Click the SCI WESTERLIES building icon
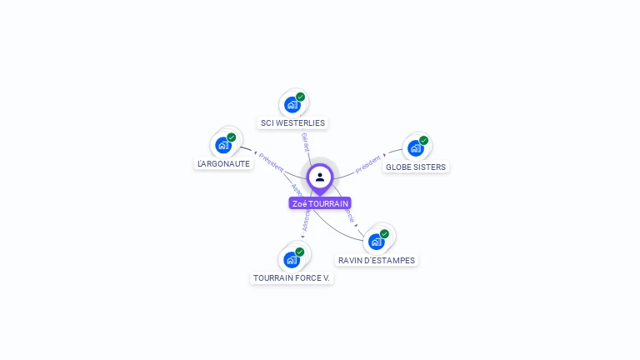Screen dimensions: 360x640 pos(292,105)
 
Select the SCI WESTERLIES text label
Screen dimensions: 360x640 pos(292,123)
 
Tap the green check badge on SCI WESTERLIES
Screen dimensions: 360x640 pos(301,97)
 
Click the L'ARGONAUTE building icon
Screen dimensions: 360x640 pos(222,145)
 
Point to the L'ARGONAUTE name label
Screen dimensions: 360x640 pos(223,164)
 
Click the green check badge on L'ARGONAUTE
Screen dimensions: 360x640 pos(232,137)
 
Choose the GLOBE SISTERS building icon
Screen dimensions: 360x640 pos(415,148)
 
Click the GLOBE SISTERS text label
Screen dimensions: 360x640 pos(416,167)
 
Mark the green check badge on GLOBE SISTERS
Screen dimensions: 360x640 pos(424,140)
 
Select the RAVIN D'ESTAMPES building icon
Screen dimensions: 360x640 pos(376,242)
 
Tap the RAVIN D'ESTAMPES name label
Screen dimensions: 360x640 pos(377,261)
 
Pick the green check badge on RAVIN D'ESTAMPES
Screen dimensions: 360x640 pos(385,234)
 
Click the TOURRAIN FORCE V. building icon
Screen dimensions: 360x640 pos(291,259)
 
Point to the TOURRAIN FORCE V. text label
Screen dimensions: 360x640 pos(292,278)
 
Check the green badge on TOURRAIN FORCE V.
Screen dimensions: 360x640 pos(300,252)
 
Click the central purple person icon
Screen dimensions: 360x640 pos(320,177)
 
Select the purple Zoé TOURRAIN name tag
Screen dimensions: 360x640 pos(320,203)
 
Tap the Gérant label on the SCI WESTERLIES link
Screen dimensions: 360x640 pos(306,142)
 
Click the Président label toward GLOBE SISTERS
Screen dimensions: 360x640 pos(368,163)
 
